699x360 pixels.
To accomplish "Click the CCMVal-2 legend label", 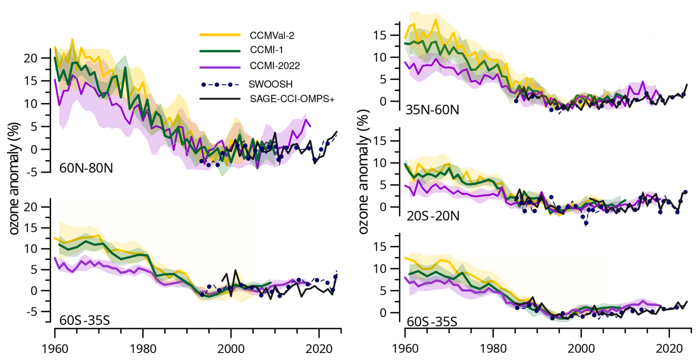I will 272,35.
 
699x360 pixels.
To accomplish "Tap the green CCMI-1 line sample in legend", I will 220,51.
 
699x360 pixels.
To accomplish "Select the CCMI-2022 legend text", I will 275,66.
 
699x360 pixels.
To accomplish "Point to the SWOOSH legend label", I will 270,84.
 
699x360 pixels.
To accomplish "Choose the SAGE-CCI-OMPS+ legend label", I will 292,99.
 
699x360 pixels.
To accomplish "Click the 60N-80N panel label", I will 86,168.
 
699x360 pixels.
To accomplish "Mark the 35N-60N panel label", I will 432,110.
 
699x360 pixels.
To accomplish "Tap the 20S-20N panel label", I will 433,215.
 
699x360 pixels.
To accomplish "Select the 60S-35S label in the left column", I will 85,320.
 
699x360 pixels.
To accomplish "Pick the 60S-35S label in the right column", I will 432,322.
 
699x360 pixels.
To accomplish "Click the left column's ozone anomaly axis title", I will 14,179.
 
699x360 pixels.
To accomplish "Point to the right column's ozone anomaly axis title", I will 364,171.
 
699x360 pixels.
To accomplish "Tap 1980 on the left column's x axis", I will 143,349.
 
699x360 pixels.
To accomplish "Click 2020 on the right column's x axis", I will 669,349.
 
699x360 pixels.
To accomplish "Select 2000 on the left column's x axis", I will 231,349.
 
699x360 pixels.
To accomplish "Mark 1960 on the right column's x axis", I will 405,349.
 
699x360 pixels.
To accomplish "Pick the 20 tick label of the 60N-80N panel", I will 31,58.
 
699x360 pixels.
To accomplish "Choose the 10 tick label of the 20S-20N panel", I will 381,163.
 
